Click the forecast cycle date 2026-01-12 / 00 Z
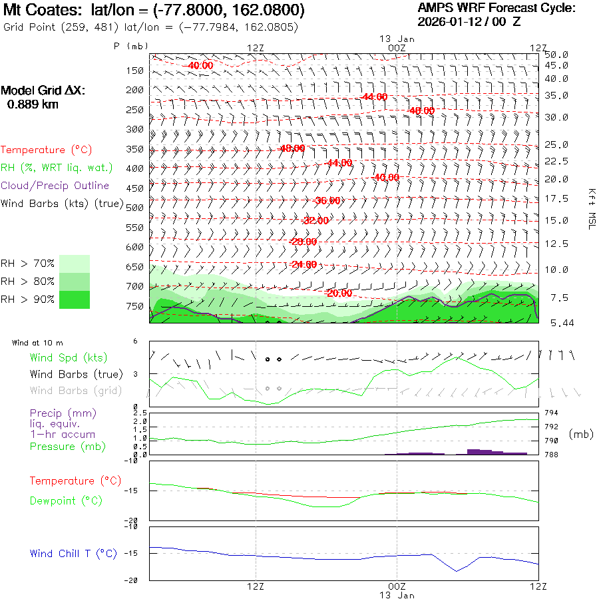pos(469,21)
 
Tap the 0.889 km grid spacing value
pos(33,104)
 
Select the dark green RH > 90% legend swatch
pos(75,299)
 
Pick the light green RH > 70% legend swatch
pos(75,264)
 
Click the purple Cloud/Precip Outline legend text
pos(55,186)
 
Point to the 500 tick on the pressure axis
pos(135,208)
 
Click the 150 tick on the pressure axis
pos(135,71)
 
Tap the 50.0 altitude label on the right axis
pos(556,55)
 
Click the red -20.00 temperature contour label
pos(339,294)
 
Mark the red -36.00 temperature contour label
pos(326,200)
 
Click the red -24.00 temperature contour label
pos(303,264)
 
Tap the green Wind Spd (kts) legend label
pos(69,358)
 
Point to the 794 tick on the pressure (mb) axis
pos(552,413)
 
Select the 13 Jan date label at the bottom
pos(397,594)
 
